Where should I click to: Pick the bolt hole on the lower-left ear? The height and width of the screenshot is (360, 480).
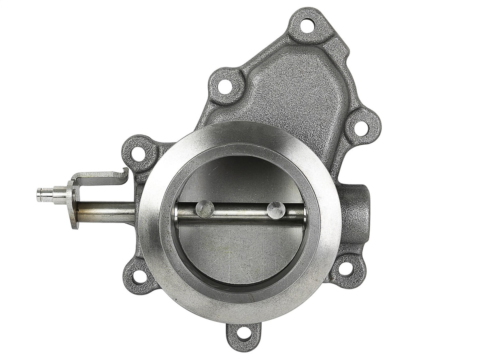click(138, 276)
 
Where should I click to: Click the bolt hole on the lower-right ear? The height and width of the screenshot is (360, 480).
click(345, 269)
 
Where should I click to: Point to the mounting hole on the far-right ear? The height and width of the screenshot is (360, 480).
click(360, 127)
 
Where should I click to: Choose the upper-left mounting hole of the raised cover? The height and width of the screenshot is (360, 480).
click(225, 87)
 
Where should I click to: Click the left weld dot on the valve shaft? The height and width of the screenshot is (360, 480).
click(204, 209)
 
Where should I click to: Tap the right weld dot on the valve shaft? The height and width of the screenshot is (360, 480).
click(276, 209)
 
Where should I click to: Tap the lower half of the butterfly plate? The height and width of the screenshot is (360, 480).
click(241, 253)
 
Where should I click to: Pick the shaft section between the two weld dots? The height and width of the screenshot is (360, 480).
click(240, 211)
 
